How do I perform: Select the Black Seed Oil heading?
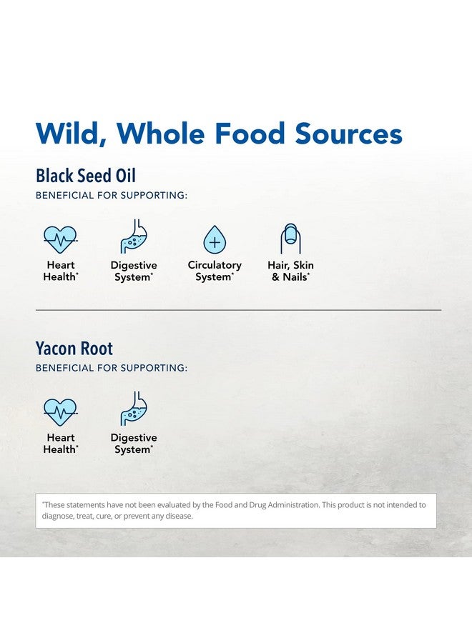pos(85,176)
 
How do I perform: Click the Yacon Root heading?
pos(74,348)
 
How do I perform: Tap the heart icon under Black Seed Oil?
pos(60,239)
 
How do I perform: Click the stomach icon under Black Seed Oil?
pos(134,236)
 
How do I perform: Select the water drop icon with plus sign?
pos(215,239)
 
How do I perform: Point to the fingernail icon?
pos(290,239)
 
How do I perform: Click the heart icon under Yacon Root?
pos(60,412)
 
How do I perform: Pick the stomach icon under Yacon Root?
pos(134,409)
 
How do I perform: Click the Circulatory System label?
pos(215,271)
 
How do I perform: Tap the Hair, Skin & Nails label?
pos(290,271)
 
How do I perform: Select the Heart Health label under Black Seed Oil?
pos(61,271)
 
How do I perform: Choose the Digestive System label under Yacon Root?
pos(134,444)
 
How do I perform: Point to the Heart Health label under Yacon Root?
pos(61,444)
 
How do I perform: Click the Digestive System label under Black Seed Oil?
pos(134,271)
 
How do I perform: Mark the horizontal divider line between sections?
pos(238,310)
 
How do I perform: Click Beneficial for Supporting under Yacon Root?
pos(112,368)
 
